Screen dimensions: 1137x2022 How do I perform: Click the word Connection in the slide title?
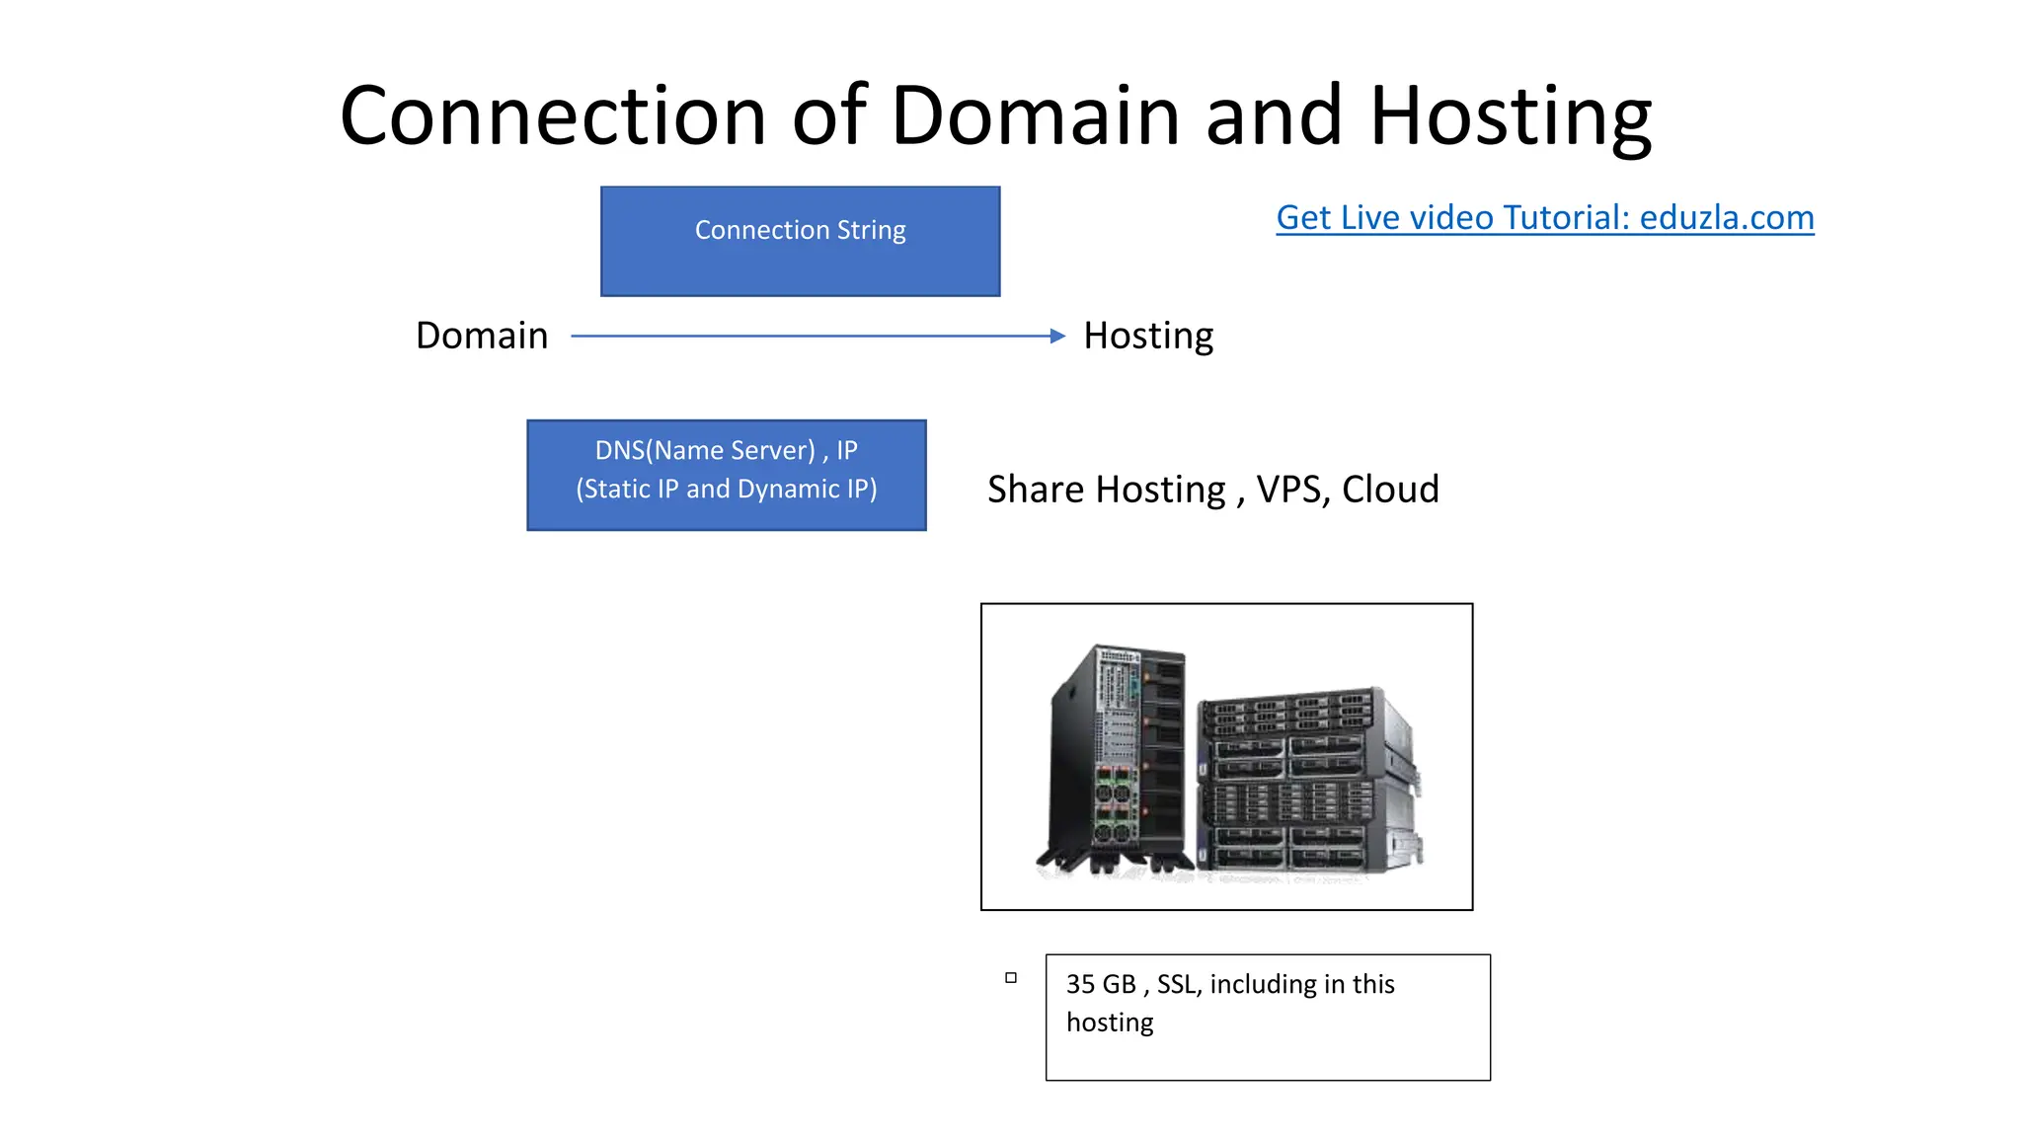tap(553, 116)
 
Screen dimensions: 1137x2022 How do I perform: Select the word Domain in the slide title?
tap(1036, 116)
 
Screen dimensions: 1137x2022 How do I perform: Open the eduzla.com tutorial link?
tap(1544, 217)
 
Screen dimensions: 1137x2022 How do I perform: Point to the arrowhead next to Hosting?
tap(1057, 336)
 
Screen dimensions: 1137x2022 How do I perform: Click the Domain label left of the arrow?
tap(481, 336)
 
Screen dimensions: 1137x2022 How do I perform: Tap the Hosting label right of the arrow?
tap(1148, 337)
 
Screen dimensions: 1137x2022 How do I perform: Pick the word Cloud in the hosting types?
tap(1390, 490)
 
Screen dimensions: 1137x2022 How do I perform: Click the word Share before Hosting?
tap(1036, 490)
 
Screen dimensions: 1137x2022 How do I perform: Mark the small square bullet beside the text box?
tap(1010, 978)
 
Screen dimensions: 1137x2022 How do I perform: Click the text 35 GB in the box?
tap(1101, 985)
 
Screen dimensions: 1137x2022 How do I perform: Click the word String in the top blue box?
tap(871, 230)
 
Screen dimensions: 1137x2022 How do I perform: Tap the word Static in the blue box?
tap(618, 490)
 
